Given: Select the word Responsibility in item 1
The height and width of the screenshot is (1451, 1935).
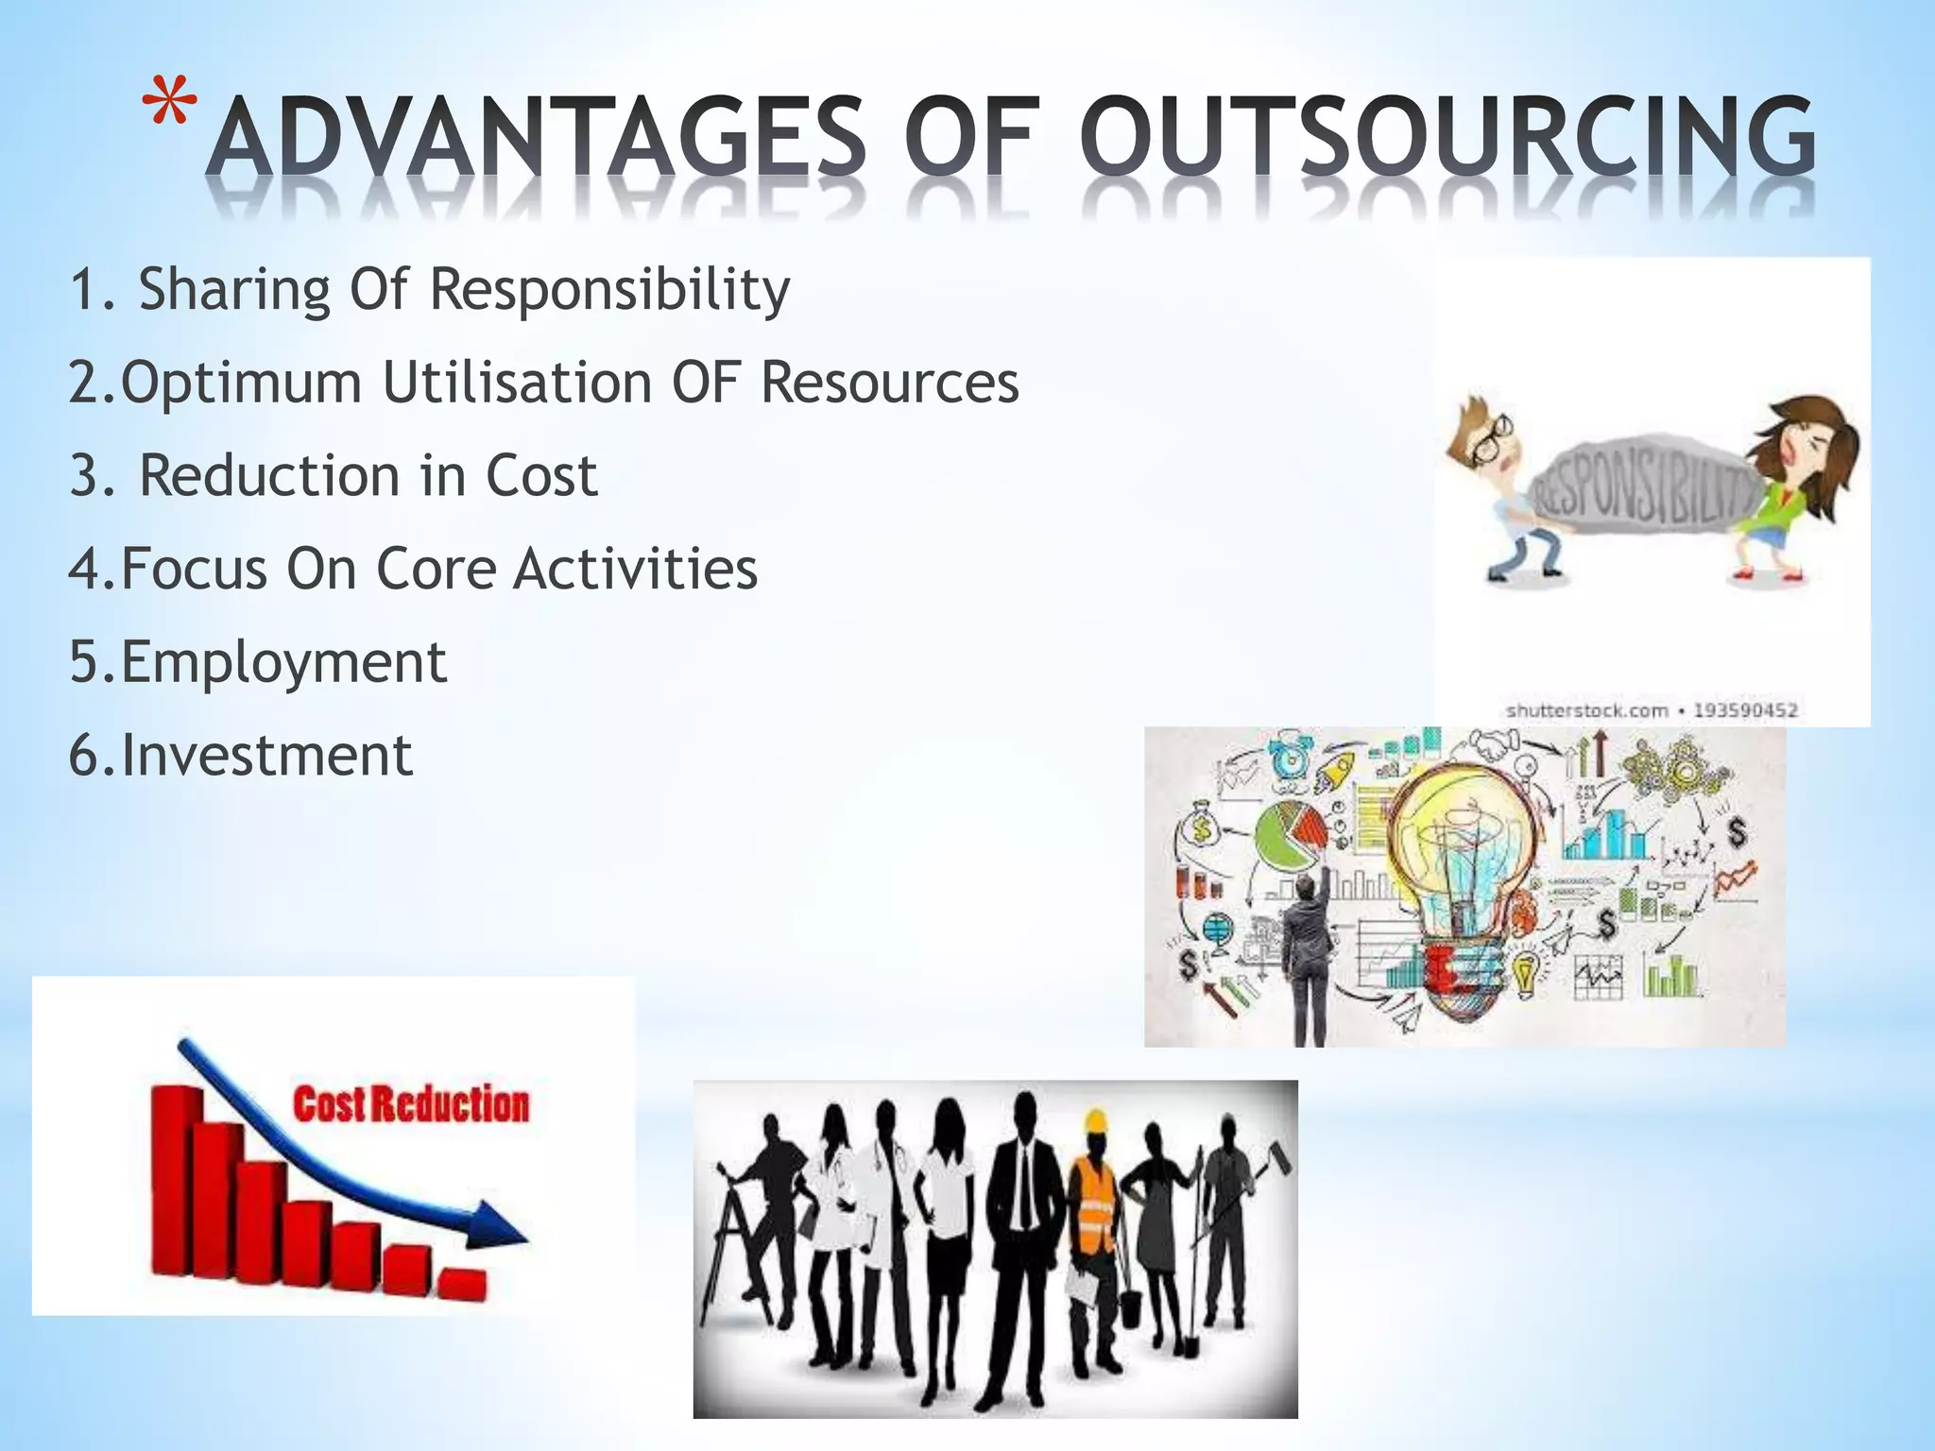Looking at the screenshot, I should click(x=609, y=289).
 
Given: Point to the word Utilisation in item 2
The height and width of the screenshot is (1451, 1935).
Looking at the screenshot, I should click(x=518, y=383).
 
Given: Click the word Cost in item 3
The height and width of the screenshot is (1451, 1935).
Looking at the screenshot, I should click(x=541, y=475).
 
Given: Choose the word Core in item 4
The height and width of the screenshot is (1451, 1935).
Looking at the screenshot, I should click(x=436, y=569).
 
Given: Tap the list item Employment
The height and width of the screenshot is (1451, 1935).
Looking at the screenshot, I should click(x=258, y=662).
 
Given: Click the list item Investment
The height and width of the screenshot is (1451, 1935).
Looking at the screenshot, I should click(x=241, y=756).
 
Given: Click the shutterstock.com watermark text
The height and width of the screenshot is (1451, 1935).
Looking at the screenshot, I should click(x=1586, y=710).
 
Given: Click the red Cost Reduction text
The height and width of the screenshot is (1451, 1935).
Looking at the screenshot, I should click(x=411, y=1104).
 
